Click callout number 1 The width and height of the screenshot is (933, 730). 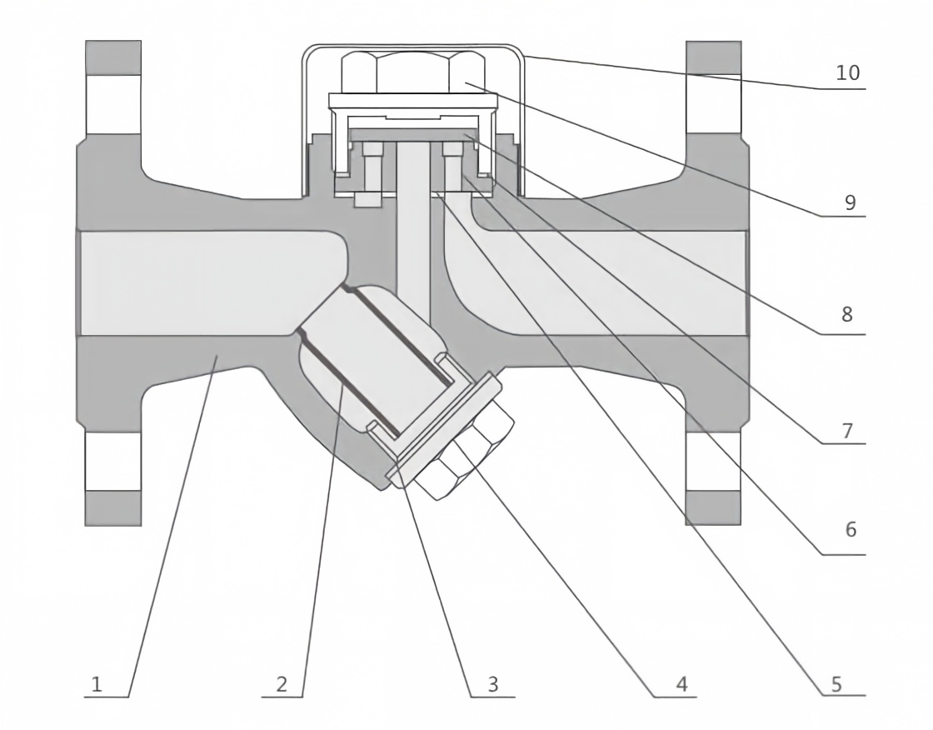pyautogui.click(x=97, y=684)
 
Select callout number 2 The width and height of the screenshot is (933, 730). pyautogui.click(x=282, y=684)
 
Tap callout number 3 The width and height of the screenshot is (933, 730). pyautogui.click(x=492, y=684)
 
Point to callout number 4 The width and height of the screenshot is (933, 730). pyautogui.click(x=682, y=684)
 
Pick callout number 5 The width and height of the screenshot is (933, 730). pyautogui.click(x=836, y=684)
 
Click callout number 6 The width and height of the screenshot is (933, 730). pyautogui.click(x=851, y=528)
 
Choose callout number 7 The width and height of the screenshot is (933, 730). pyautogui.click(x=848, y=430)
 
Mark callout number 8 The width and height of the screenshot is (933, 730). pyautogui.click(x=847, y=314)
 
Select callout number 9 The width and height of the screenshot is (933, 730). pyautogui.click(x=851, y=202)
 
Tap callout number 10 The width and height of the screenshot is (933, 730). pyautogui.click(x=848, y=72)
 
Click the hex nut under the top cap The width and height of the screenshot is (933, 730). pyautogui.click(x=413, y=72)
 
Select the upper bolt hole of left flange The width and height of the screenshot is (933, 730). pyautogui.click(x=113, y=104)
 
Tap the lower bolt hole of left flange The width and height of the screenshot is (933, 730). pyautogui.click(x=113, y=462)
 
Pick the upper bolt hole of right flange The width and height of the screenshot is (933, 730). pyautogui.click(x=713, y=104)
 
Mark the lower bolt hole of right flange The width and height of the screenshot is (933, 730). pyautogui.click(x=713, y=462)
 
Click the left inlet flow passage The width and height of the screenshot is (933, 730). pyautogui.click(x=208, y=282)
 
